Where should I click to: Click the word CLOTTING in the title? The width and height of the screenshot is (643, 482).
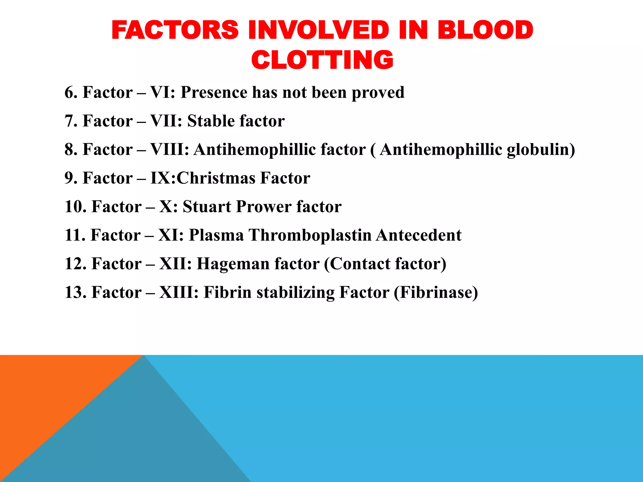tap(322, 60)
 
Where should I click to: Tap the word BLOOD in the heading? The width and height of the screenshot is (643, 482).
tap(485, 30)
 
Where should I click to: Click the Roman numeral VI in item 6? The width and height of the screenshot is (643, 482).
tap(162, 93)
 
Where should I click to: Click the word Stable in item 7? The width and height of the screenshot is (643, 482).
tap(211, 121)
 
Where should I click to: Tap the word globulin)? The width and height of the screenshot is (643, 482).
tap(541, 150)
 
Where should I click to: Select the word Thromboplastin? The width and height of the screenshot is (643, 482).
tap(310, 235)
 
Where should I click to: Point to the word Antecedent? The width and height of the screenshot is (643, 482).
tap(419, 235)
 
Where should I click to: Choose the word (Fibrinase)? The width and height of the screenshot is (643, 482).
tap(436, 292)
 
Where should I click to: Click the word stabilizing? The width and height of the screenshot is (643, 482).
tap(295, 292)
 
